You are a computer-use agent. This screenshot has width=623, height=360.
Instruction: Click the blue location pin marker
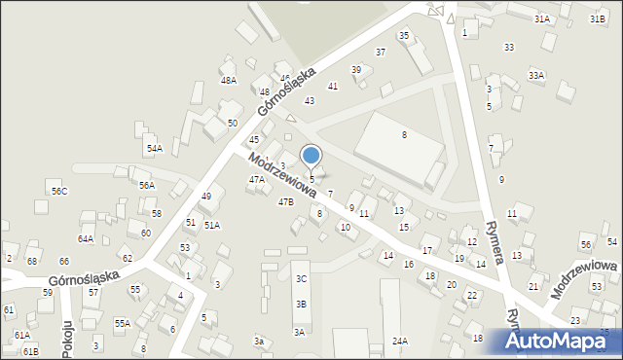(311, 156)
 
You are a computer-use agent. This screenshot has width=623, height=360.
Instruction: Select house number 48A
(228, 80)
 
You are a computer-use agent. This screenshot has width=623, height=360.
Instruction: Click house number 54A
(154, 149)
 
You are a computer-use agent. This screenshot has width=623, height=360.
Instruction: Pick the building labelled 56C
(59, 191)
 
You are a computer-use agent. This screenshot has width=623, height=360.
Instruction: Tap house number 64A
(86, 238)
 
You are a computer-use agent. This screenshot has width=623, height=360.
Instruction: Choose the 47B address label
(285, 201)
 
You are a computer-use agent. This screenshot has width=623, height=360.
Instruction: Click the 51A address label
(211, 225)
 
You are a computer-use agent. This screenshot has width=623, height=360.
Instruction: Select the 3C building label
(301, 279)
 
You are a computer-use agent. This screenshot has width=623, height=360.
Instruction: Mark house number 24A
(399, 341)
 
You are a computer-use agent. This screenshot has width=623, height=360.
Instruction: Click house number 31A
(541, 18)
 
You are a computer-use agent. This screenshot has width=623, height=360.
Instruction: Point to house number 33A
(535, 75)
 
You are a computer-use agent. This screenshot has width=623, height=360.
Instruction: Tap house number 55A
(122, 323)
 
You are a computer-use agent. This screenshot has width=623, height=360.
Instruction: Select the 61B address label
(30, 350)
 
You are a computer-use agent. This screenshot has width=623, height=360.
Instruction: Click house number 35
(404, 35)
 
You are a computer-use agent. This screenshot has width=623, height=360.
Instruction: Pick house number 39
(356, 70)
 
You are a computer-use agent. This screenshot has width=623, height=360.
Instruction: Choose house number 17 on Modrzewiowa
(426, 251)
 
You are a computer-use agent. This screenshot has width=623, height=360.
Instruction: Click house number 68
(31, 261)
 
